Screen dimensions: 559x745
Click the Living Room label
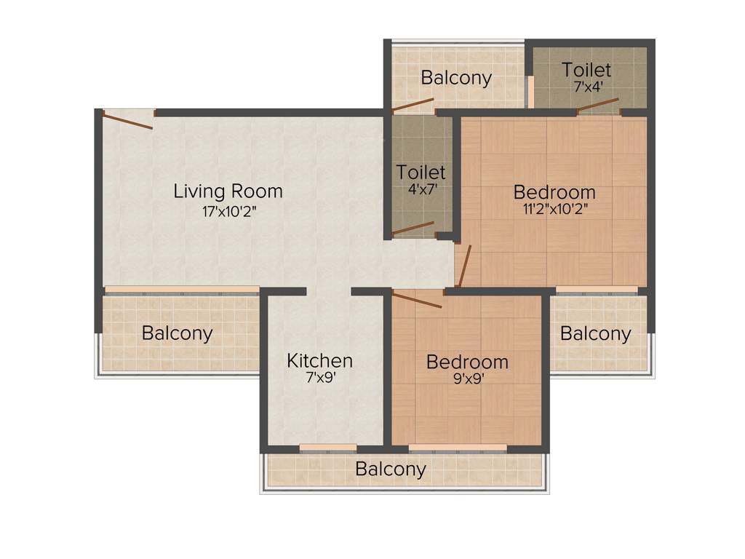(228, 191)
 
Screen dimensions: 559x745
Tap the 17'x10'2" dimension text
(228, 212)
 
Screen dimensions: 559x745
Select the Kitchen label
(319, 360)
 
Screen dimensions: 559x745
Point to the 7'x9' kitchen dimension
(319, 378)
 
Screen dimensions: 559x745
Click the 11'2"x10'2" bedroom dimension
(554, 210)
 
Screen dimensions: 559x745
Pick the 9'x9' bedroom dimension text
(466, 379)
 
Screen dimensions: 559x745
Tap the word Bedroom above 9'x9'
(466, 362)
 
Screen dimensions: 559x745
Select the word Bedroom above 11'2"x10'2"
(554, 192)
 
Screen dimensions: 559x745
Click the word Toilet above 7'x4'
(586, 70)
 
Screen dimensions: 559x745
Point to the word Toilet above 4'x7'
(421, 173)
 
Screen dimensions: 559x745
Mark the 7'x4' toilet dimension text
(586, 87)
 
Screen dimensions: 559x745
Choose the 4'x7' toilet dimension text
(421, 189)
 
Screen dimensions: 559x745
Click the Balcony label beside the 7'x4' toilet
(456, 78)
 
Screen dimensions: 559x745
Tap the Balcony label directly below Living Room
(178, 333)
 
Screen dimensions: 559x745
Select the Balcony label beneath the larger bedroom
(595, 334)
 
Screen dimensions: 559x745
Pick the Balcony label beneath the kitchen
(391, 469)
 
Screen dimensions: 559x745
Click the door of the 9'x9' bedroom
(418, 299)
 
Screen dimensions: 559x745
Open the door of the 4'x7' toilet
(413, 229)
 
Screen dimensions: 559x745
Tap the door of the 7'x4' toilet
(599, 104)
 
